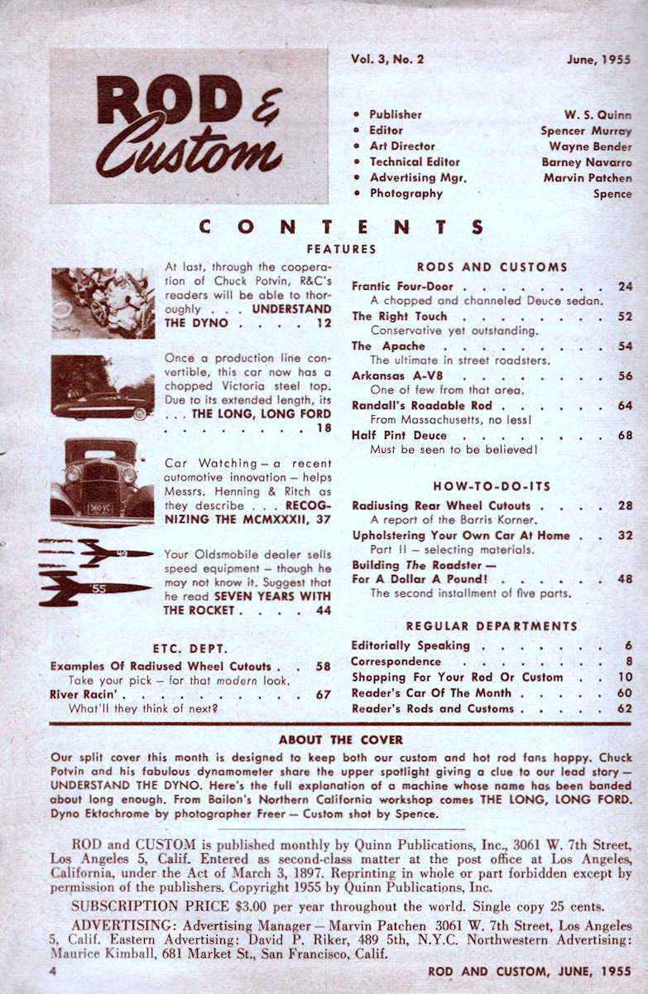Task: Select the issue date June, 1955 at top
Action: (x=598, y=60)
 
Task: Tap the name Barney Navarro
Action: (x=587, y=162)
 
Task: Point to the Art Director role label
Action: (x=402, y=147)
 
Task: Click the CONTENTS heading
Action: (x=341, y=225)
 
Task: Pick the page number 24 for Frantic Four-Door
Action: (x=625, y=287)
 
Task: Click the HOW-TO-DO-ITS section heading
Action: (x=492, y=485)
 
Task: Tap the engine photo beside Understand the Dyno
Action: (x=103, y=303)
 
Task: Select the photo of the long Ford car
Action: (x=103, y=387)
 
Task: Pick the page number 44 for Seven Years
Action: (x=322, y=610)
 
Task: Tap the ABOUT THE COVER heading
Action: (x=340, y=740)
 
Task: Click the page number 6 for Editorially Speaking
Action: (x=629, y=645)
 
